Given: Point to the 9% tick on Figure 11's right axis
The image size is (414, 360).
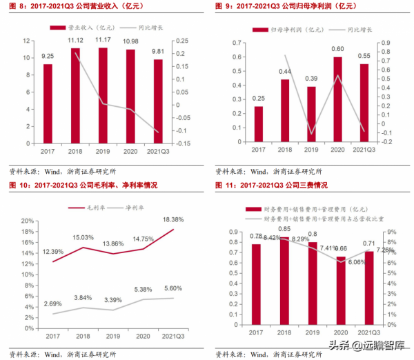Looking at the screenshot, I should (390, 232).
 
